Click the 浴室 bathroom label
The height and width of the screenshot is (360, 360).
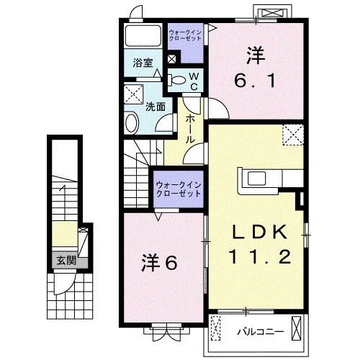click(x=143, y=63)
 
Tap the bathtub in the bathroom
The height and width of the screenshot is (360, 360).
click(x=143, y=35)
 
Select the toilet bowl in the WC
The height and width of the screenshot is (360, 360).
click(x=179, y=80)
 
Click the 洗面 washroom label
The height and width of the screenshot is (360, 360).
click(x=156, y=107)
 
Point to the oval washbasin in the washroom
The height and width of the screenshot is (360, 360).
click(x=132, y=123)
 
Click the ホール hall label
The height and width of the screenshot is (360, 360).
click(x=190, y=129)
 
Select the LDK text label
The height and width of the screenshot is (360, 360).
click(x=260, y=232)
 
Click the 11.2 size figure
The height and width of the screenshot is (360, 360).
click(x=260, y=256)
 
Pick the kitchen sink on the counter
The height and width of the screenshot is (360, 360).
click(x=257, y=179)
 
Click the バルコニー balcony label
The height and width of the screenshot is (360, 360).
click(x=261, y=332)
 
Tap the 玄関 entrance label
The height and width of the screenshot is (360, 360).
click(x=66, y=261)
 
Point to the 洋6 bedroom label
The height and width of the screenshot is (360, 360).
click(x=159, y=263)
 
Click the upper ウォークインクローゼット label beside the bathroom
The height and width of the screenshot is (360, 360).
click(x=185, y=35)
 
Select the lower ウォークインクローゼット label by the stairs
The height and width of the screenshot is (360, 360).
click(x=179, y=189)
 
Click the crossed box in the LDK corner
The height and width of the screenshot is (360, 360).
click(x=293, y=135)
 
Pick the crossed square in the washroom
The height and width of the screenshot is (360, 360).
click(x=134, y=94)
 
